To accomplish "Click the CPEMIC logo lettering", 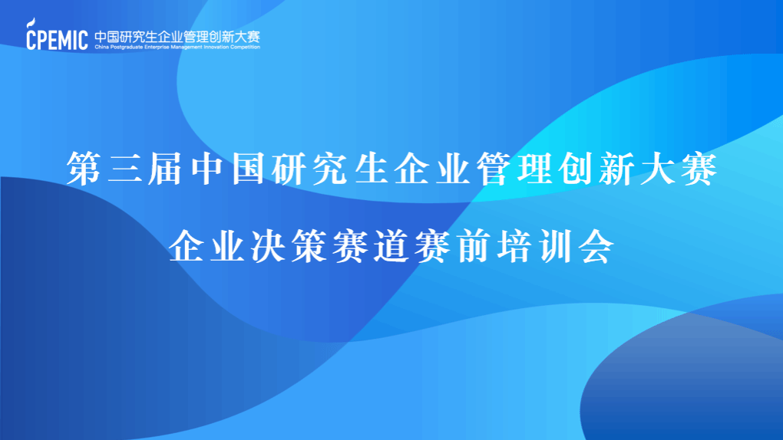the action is point(57,39).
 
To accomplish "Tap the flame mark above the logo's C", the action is point(32,22).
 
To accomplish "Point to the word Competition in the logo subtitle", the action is point(245,48).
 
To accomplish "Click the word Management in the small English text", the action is point(186,48).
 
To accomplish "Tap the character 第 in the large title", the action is point(84,169).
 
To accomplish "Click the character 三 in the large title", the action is point(124,169).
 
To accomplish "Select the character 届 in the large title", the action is point(165,169).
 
